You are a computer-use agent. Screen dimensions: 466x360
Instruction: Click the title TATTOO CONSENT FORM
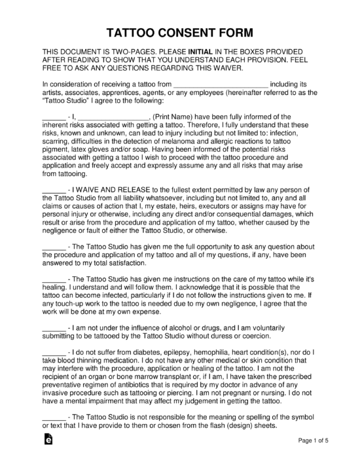click(179, 32)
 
